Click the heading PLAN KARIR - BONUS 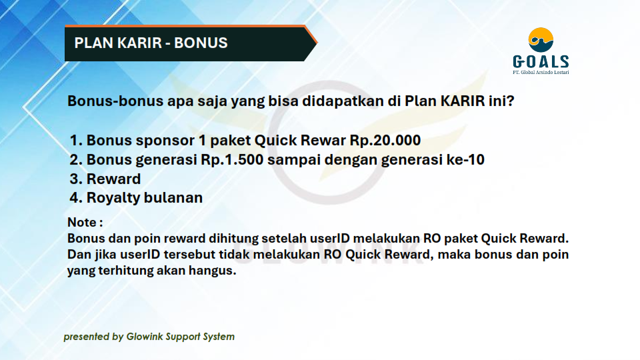tap(151, 43)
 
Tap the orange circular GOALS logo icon tap(541, 40)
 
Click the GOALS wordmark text tap(541, 61)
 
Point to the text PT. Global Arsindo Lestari tap(541, 72)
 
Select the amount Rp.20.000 tap(385, 141)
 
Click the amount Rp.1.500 tap(232, 159)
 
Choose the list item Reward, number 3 tap(113, 179)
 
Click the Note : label tap(85, 222)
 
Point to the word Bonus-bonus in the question tap(115, 101)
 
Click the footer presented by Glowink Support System tap(149, 337)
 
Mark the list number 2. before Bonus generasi tap(76, 159)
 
